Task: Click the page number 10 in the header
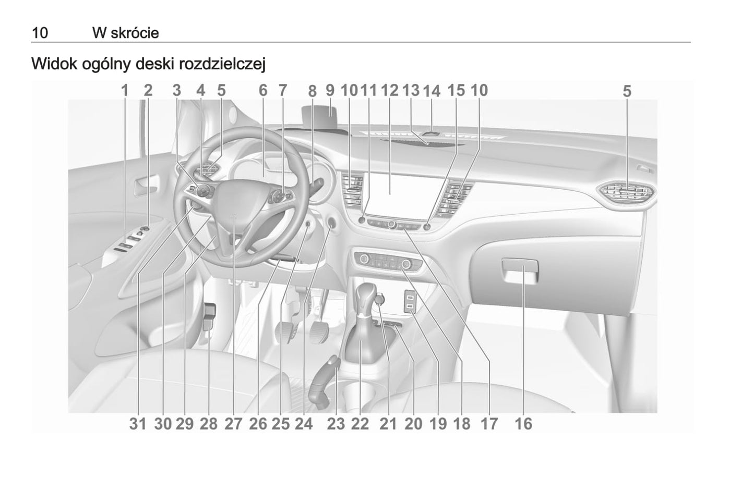(40, 33)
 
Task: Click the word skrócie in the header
(135, 33)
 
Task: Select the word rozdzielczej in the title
(222, 64)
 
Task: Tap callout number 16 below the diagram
(523, 424)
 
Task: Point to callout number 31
(138, 424)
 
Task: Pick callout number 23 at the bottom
(336, 424)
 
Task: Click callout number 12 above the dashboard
(390, 91)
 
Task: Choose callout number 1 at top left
(125, 91)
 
